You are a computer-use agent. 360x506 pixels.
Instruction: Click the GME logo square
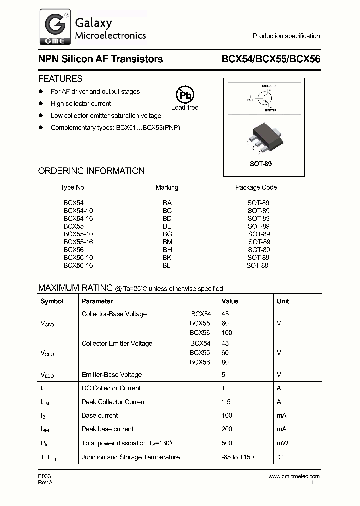point(54,29)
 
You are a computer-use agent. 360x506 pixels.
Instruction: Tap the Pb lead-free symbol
point(185,95)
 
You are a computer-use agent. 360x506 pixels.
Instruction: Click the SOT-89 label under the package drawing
point(261,164)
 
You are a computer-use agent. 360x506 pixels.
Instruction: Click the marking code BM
point(167,242)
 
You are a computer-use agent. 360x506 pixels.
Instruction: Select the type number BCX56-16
point(78,265)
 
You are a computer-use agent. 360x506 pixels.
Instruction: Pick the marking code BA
point(167,203)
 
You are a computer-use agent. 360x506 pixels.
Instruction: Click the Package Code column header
point(256,187)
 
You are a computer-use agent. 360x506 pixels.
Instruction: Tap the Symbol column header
point(52,301)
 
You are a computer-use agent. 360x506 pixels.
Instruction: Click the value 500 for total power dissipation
point(227,443)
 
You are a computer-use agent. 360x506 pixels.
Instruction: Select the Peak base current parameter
point(107,429)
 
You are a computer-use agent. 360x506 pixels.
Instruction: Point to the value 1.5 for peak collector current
point(225,402)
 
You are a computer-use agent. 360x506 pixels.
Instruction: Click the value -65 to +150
point(238,457)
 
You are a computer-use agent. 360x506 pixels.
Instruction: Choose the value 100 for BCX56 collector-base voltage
point(227,333)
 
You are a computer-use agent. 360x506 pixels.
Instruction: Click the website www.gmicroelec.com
point(294,476)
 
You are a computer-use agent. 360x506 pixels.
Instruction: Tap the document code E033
point(45,476)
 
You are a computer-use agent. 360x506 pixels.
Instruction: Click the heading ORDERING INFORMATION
point(91,171)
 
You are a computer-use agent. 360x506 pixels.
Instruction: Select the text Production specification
point(286,36)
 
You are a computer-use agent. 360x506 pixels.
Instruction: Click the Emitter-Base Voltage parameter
point(112,375)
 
